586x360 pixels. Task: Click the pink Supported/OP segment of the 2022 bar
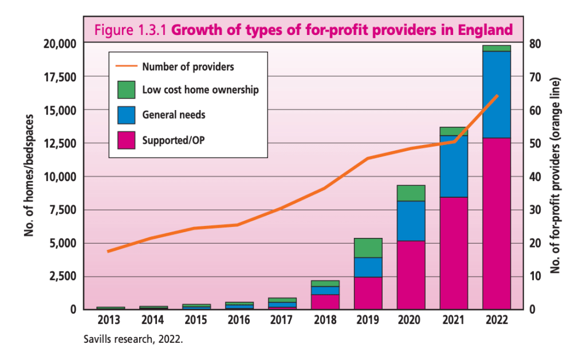496,224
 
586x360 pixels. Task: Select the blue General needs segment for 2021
454,166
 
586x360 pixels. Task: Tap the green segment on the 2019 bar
368,248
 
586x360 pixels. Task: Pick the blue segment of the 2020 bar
411,221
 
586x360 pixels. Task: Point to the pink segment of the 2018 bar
325,302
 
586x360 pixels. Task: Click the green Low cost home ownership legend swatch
126,90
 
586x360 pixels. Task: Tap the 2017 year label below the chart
282,320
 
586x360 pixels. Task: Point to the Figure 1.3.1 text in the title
131,30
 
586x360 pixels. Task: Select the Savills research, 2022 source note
133,339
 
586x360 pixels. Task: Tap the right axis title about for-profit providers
553,176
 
